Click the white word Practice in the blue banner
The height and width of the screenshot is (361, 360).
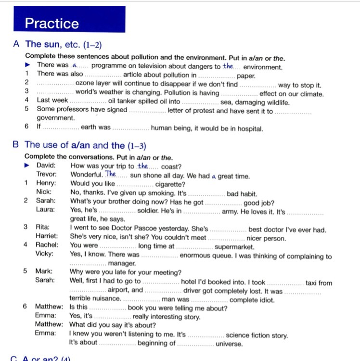coord(51,23)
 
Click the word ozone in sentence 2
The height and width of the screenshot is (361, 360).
coord(85,84)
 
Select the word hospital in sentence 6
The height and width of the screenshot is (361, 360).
coord(248,129)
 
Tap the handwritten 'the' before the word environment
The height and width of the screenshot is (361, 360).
coord(228,66)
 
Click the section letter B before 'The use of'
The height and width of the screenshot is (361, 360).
coord(16,145)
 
